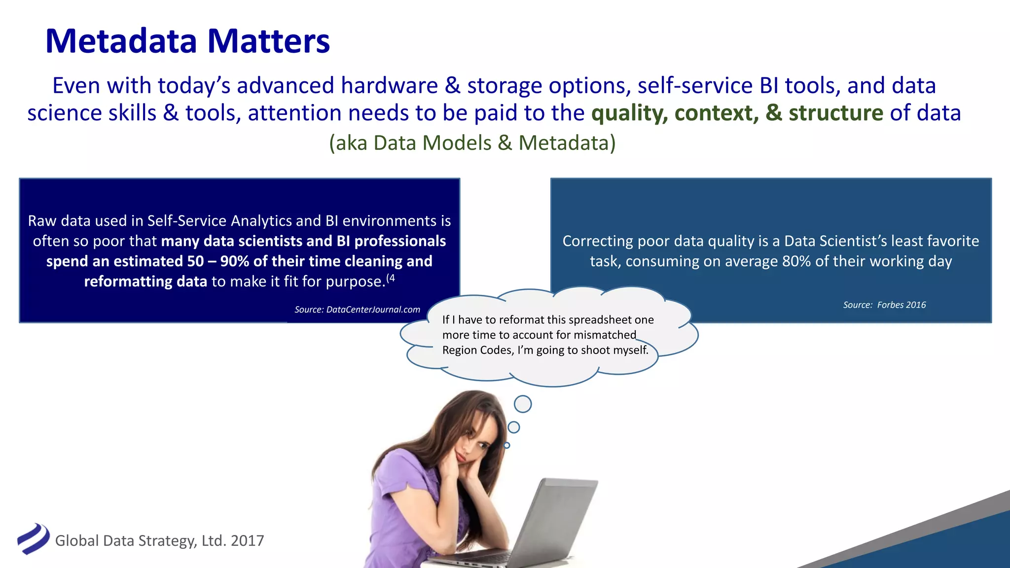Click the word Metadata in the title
tap(121, 41)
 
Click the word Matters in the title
tap(268, 41)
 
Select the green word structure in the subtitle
tap(835, 113)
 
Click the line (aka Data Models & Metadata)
tap(472, 143)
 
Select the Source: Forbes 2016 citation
tap(884, 305)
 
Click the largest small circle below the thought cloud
tap(523, 404)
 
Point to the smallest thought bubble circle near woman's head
tap(506, 445)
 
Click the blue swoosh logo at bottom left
tap(33, 539)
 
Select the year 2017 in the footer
tap(247, 541)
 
